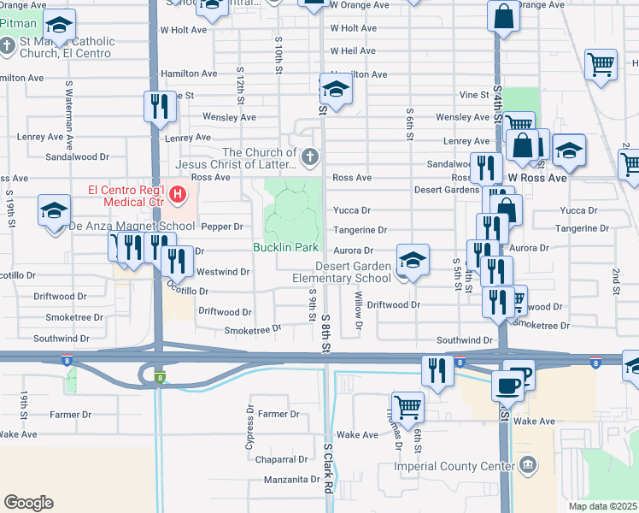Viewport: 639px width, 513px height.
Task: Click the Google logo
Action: [28, 503]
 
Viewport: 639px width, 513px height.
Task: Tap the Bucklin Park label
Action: [285, 248]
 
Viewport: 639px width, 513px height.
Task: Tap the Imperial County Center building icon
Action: [529, 465]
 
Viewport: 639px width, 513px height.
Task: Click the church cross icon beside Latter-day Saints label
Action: [309, 157]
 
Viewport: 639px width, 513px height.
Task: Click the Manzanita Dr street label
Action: [291, 480]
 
